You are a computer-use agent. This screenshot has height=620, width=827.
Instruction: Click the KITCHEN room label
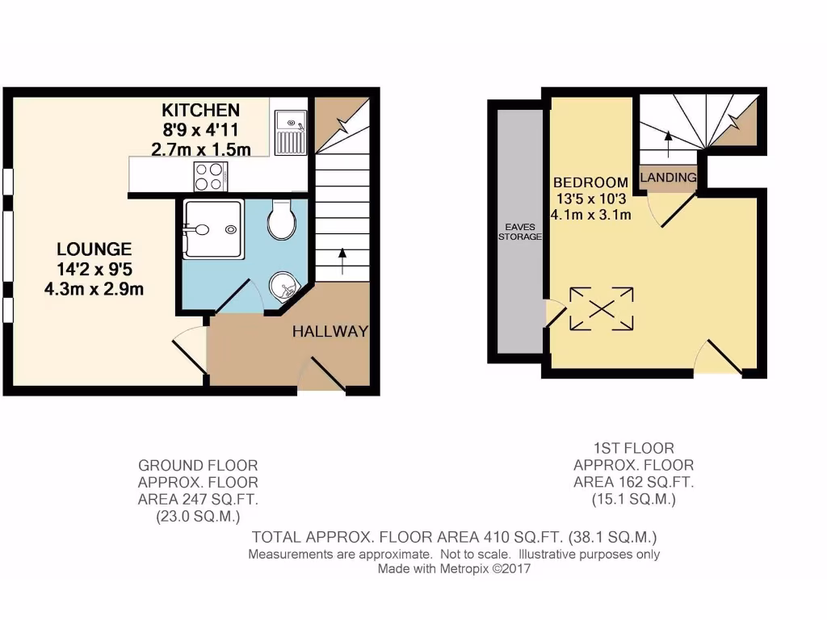tap(200, 111)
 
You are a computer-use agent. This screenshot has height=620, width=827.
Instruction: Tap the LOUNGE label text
tap(94, 249)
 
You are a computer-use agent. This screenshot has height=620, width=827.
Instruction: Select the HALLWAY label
tap(330, 331)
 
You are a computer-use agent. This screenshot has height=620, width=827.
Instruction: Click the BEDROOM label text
tap(591, 182)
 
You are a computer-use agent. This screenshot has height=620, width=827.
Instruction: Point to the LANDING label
tap(668, 178)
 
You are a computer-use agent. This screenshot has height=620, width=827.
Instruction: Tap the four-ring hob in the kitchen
tap(210, 176)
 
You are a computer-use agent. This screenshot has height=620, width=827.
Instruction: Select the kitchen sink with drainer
tap(288, 132)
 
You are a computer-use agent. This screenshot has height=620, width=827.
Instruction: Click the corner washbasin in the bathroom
tap(283, 285)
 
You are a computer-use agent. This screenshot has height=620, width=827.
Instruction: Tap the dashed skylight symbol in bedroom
tap(602, 308)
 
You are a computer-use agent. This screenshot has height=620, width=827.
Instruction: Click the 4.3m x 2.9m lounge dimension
tap(94, 288)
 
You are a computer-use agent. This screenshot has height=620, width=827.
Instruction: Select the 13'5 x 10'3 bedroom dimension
tap(591, 199)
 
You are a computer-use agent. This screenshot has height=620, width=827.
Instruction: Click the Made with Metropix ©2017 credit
tap(454, 569)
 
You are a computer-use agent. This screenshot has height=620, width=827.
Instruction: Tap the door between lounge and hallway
tap(187, 353)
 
